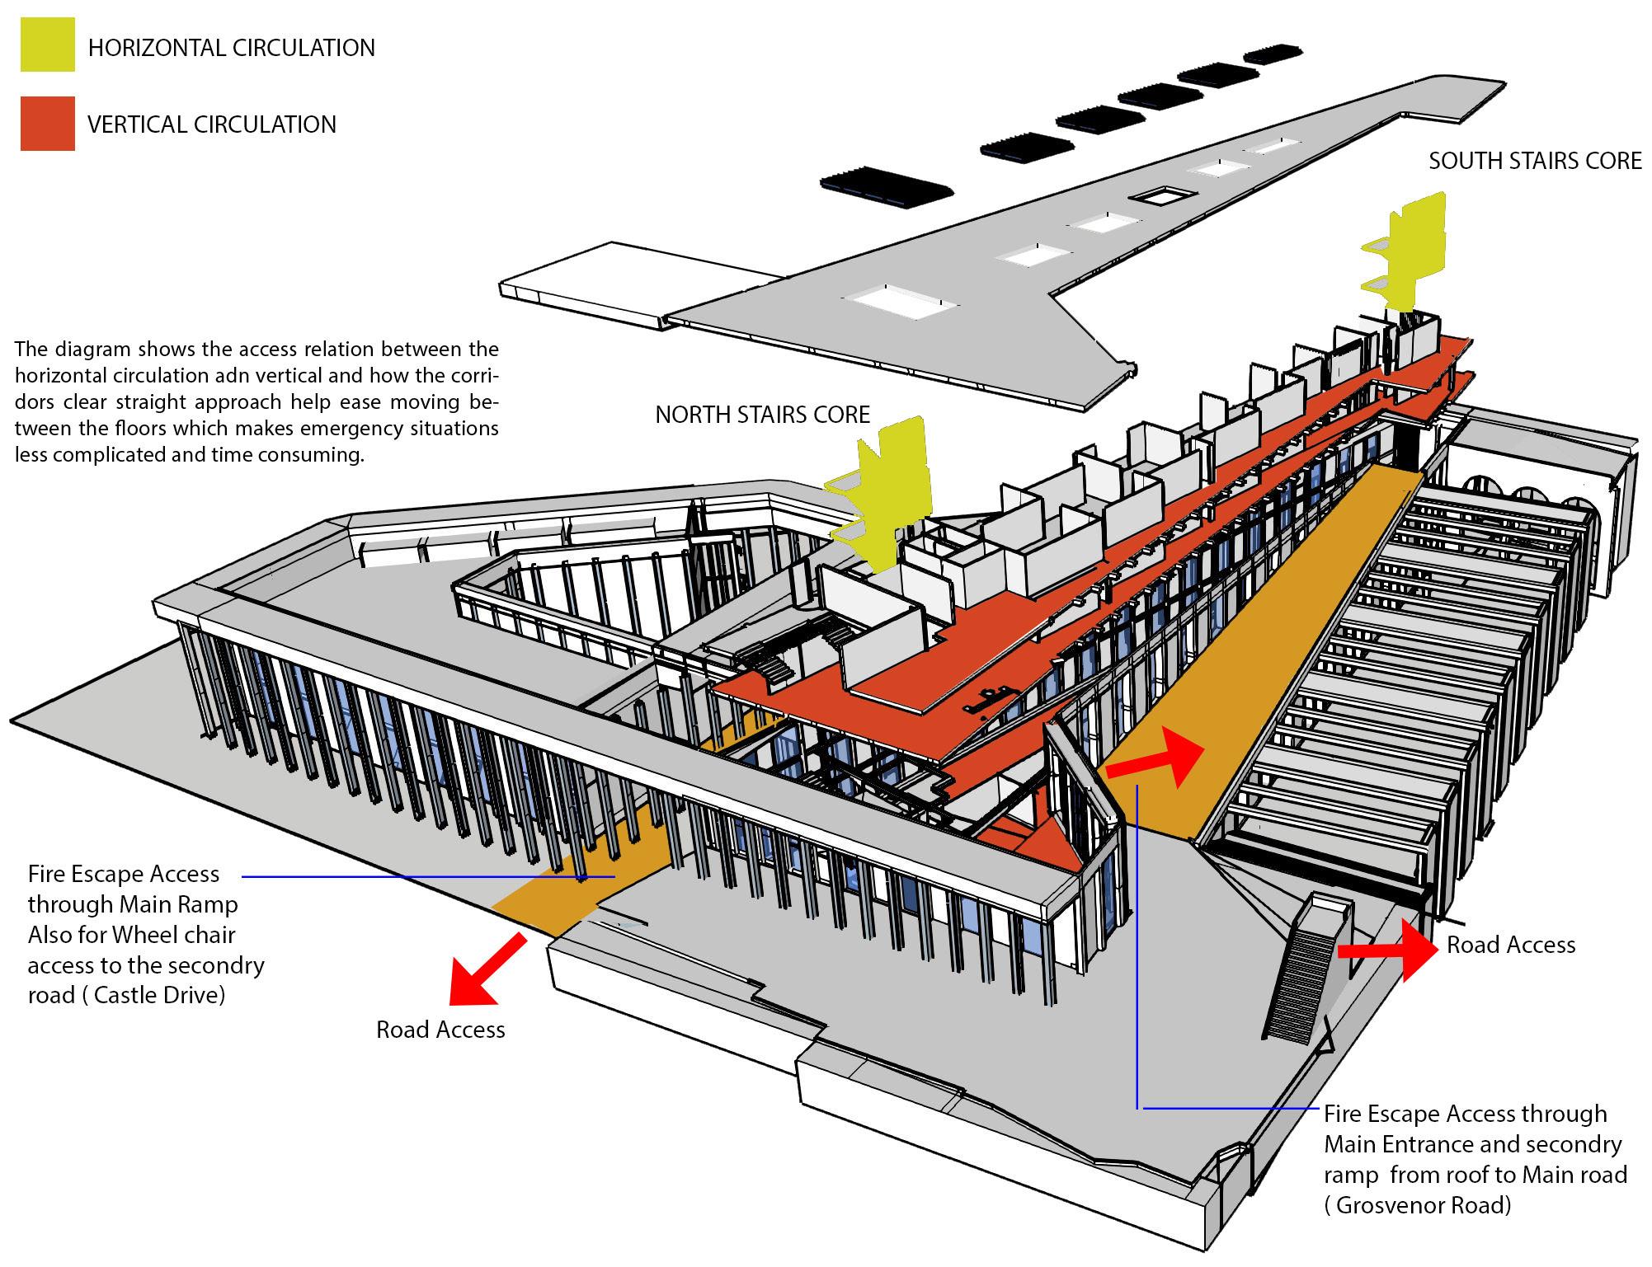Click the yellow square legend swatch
pos(48,45)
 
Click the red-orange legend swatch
pos(48,124)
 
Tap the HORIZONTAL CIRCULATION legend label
pos(231,48)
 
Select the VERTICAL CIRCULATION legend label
pos(212,124)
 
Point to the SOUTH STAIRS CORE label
pos(1535,161)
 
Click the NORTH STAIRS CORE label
pos(762,414)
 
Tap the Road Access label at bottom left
pos(440,1030)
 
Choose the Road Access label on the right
pos(1511,945)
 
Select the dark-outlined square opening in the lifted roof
pos(1166,196)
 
